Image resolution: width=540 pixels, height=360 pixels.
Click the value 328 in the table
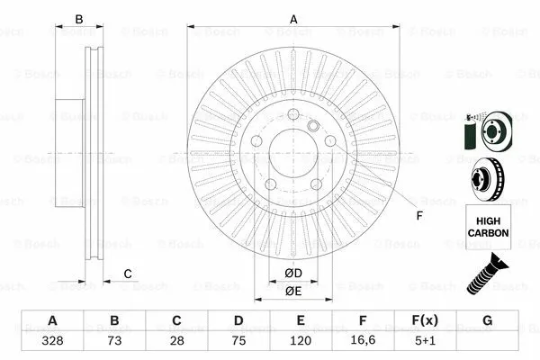click(53, 341)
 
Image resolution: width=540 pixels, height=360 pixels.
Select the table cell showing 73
click(114, 341)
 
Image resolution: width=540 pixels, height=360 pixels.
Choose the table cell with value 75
click(238, 341)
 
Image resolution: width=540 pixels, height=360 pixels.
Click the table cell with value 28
click(176, 341)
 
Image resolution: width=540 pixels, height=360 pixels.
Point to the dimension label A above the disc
click(292, 18)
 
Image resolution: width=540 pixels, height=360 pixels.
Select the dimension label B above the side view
click(78, 18)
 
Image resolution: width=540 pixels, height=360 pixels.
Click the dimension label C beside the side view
click(128, 274)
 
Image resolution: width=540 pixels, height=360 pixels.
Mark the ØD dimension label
click(292, 273)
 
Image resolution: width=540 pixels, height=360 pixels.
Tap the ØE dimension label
click(292, 290)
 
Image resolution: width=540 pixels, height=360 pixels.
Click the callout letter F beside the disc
click(418, 215)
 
